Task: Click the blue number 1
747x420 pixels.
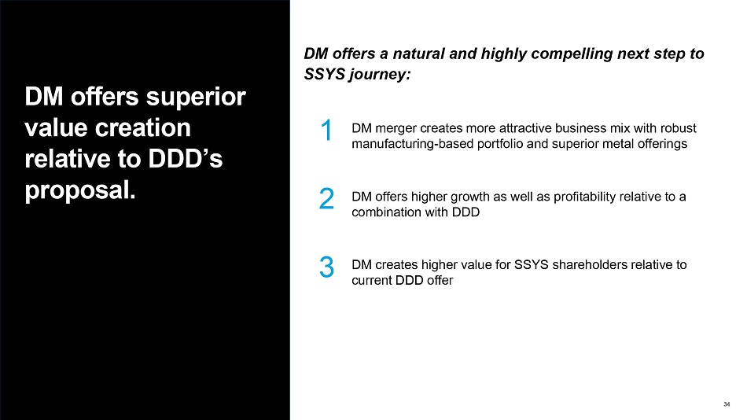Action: click(327, 130)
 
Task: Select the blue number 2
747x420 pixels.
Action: click(327, 198)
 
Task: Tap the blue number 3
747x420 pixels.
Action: click(327, 267)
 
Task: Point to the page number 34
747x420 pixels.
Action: click(727, 404)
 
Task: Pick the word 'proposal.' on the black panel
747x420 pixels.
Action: click(80, 190)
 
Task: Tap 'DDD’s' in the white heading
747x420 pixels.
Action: click(186, 159)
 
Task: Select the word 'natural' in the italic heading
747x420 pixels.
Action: click(418, 53)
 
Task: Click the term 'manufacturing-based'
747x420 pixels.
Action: click(413, 144)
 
